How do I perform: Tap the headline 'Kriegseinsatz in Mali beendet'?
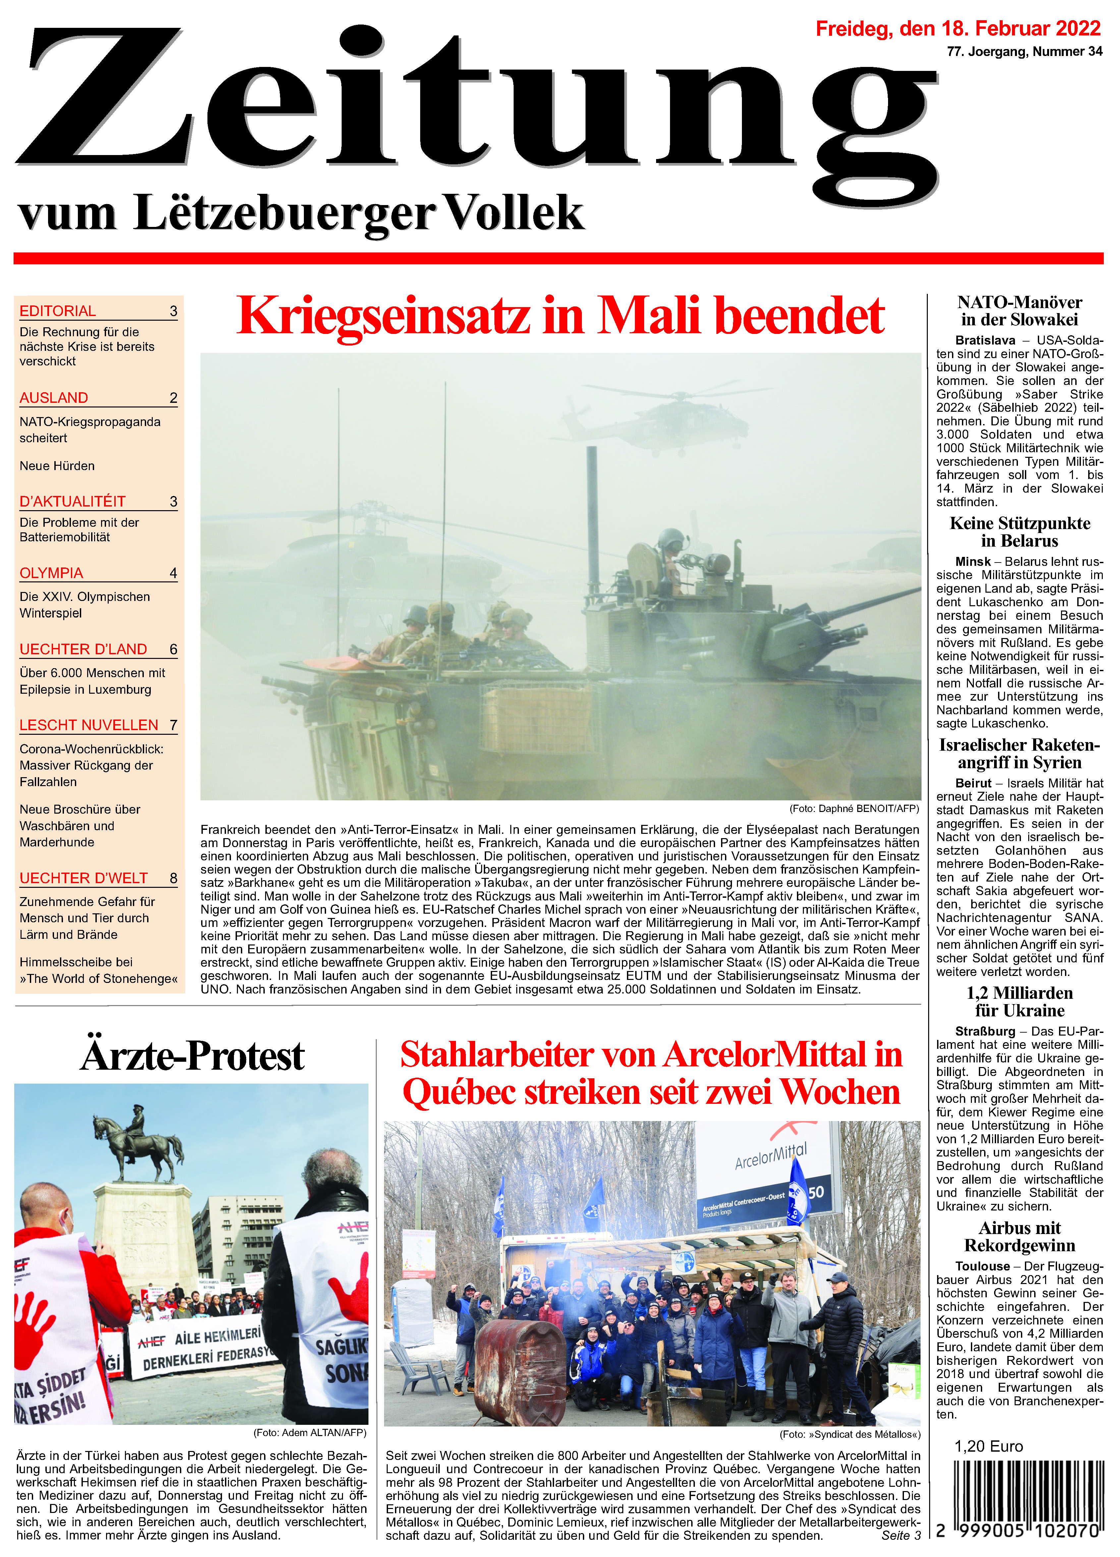tap(560, 316)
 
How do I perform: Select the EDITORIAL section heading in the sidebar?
tap(58, 311)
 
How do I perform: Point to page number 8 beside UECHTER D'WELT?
tap(173, 878)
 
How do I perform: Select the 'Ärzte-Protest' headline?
tap(192, 1056)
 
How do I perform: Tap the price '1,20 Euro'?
tap(988, 1446)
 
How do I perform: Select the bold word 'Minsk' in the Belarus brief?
tap(972, 562)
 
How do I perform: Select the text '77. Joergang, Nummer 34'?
tap(1024, 51)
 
